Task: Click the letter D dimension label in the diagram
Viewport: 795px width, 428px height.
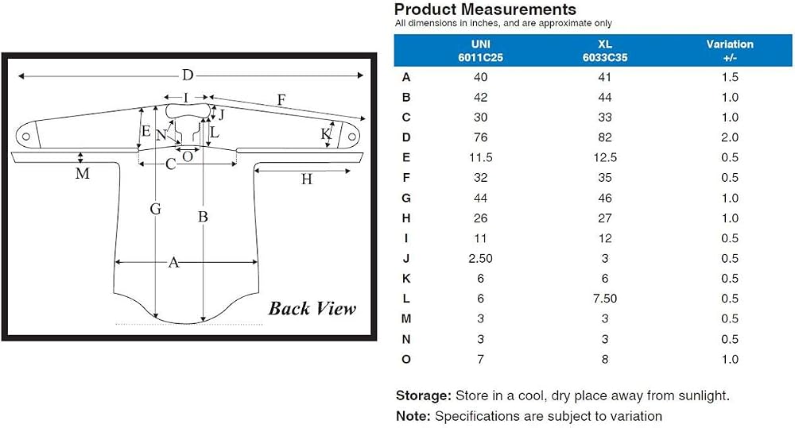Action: click(188, 75)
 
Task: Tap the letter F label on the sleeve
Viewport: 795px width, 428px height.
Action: click(281, 100)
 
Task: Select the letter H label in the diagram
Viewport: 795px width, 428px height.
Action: click(306, 179)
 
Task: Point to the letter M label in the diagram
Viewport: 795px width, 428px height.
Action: click(82, 174)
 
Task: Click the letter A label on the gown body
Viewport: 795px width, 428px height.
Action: click(173, 262)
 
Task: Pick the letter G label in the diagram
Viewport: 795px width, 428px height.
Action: click(156, 209)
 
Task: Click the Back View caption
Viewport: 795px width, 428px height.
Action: click(312, 308)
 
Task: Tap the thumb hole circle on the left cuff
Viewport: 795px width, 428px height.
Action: click(26, 137)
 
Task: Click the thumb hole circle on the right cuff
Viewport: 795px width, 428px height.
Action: click(351, 137)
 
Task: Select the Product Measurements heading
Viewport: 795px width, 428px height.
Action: click(485, 9)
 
